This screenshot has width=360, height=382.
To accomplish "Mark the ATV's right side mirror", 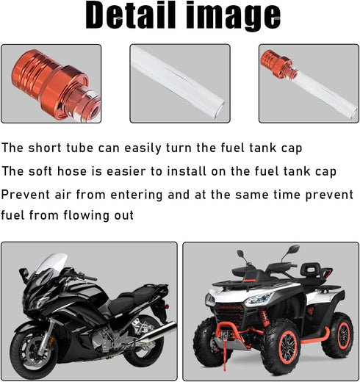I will (295, 251).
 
